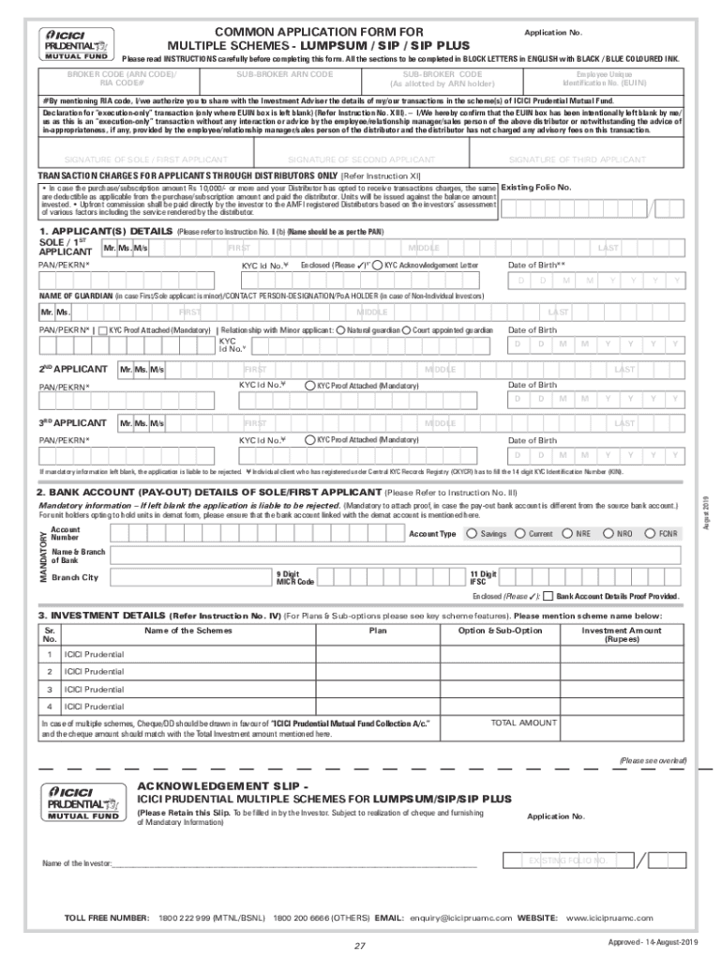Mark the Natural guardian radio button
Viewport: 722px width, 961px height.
coord(341,330)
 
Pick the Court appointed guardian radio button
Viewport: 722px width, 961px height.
coord(406,330)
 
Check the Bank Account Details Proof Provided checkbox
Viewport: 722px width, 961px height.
coord(549,596)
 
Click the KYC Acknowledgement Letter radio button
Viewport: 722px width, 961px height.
coord(377,266)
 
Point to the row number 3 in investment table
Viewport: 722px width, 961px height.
coord(50,689)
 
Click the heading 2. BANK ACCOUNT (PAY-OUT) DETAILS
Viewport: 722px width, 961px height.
coord(208,492)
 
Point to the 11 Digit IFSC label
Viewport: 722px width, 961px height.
coord(483,576)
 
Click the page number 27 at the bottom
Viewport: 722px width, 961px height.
coord(359,944)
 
